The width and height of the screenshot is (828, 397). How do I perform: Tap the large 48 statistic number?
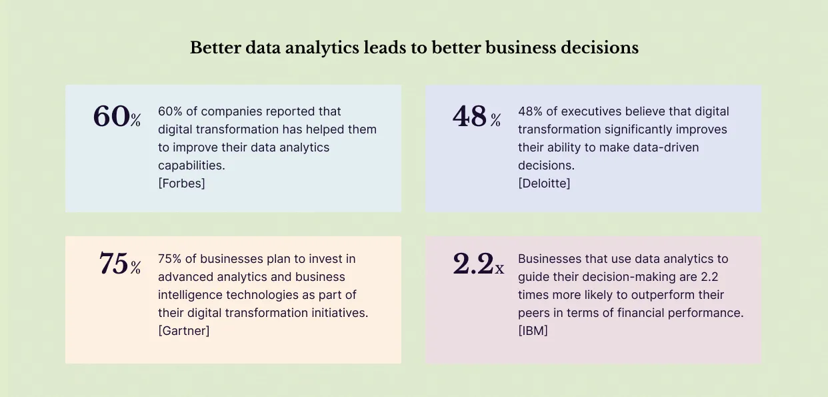click(x=470, y=117)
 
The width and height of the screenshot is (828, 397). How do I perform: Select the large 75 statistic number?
click(x=113, y=264)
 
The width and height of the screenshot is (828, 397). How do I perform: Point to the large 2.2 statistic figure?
click(x=473, y=264)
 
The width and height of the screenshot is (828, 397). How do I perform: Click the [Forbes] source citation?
click(x=181, y=183)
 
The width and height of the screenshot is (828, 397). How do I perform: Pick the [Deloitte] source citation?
click(x=544, y=183)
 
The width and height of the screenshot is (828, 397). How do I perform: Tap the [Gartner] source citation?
click(x=183, y=330)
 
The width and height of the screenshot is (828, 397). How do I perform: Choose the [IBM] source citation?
click(x=533, y=330)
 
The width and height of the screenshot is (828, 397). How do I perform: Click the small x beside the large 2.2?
click(x=499, y=269)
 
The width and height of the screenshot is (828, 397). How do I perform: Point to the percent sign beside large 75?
click(x=136, y=268)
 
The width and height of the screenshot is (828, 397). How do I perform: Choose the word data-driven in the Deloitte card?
click(x=666, y=147)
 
